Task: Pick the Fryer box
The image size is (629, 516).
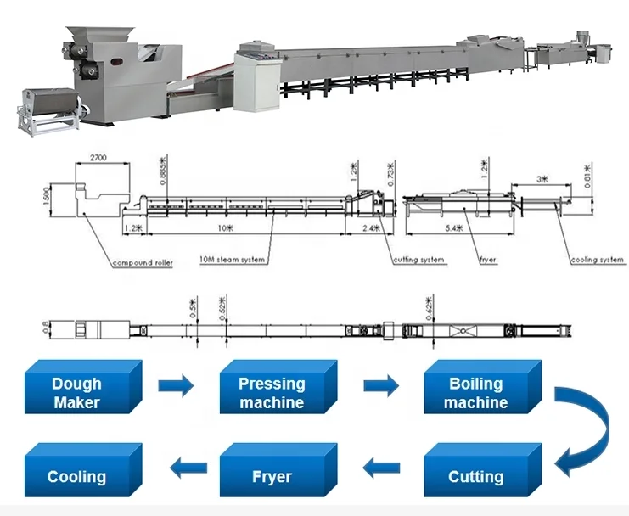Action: [x=271, y=474]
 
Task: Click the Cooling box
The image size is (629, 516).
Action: [x=76, y=474]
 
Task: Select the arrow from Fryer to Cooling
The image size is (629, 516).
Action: [x=189, y=465]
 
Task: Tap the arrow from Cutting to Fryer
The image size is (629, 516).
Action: [x=383, y=465]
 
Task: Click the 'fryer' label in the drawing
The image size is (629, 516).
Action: [x=487, y=259]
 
